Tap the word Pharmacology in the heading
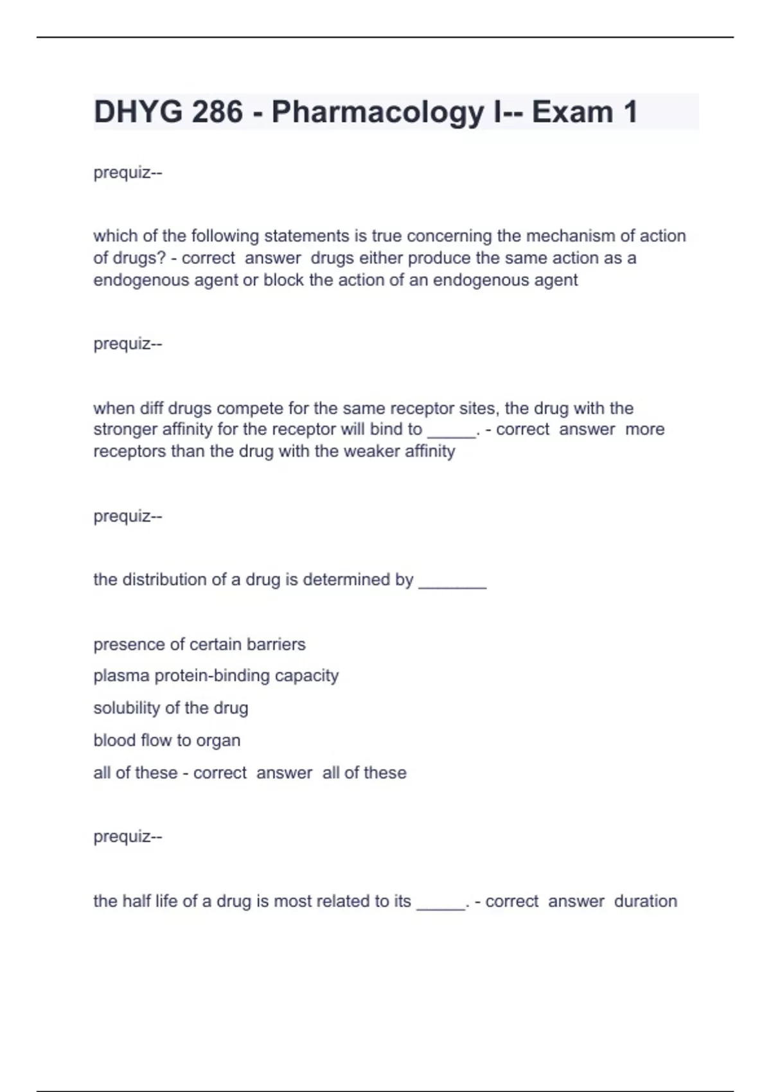point(378,112)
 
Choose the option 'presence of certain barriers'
point(199,644)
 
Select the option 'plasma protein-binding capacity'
point(216,676)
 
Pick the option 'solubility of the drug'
point(170,708)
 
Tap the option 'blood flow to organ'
point(166,741)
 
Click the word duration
point(645,901)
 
